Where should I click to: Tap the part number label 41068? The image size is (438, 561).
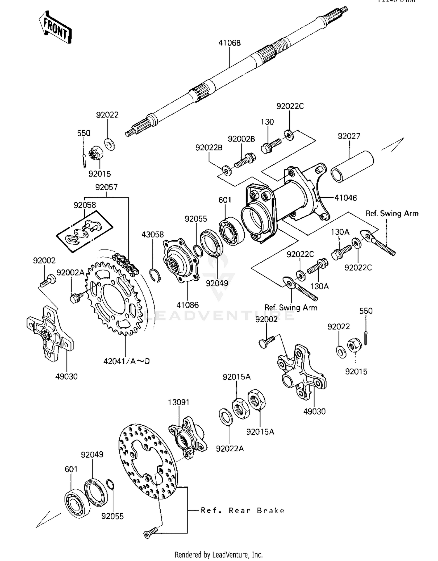pos(230,43)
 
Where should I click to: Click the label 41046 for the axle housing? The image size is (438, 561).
pos(345,198)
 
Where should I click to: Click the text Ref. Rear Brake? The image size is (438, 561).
pos(242,511)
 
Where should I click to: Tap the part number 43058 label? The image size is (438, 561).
pos(152,234)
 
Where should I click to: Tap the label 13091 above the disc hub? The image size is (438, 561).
pos(178,402)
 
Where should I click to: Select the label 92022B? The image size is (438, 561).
pos(209,148)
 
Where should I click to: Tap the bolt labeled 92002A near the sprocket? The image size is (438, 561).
pos(76,298)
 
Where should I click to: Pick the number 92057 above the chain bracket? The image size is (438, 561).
pos(106,187)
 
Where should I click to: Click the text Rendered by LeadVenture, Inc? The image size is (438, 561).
pos(218,555)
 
